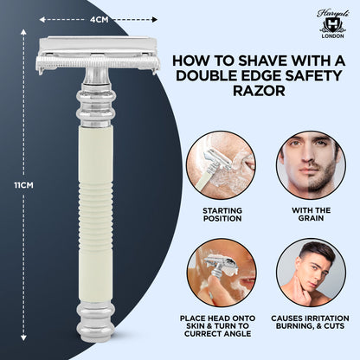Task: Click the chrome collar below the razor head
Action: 93,95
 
